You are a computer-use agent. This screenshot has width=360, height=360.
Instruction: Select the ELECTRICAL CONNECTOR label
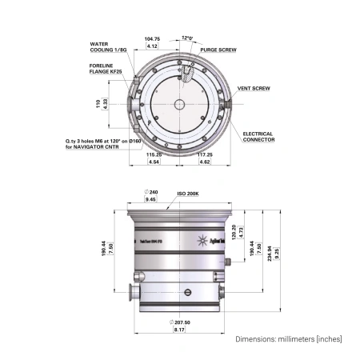(258, 136)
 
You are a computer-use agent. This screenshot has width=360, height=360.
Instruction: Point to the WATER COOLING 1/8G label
(107, 47)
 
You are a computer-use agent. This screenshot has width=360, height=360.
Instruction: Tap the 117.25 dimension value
(205, 155)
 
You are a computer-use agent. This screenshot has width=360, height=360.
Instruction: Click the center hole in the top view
(180, 104)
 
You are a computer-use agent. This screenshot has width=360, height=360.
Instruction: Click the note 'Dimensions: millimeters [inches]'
(289, 339)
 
